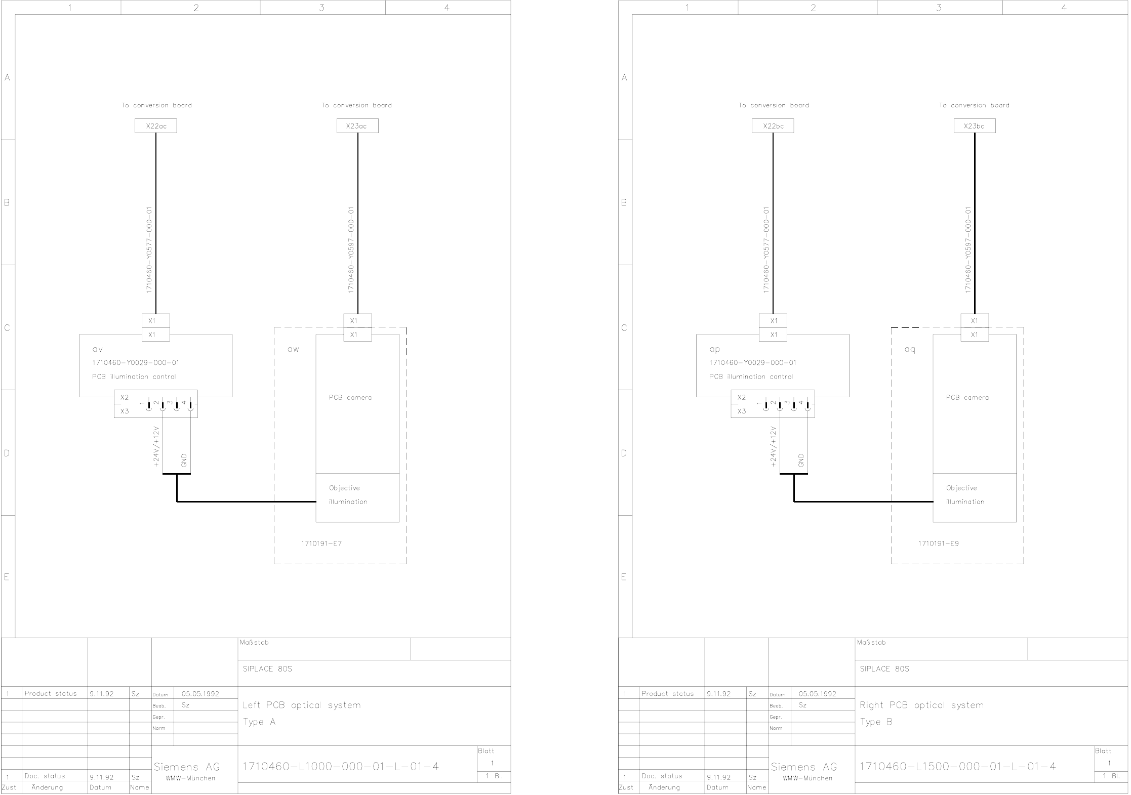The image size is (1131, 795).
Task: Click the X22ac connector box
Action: [x=156, y=126]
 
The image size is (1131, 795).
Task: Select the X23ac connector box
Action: [x=357, y=126]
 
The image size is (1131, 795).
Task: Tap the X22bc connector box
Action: [x=773, y=126]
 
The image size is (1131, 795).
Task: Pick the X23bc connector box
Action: [x=974, y=126]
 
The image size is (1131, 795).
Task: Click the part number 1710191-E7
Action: [x=321, y=543]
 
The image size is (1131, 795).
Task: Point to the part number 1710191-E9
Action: [x=938, y=543]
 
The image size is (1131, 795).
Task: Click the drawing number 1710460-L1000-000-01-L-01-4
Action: [x=341, y=766]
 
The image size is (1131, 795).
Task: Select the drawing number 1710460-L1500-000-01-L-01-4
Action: [x=958, y=766]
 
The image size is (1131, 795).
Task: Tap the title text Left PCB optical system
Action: [x=302, y=705]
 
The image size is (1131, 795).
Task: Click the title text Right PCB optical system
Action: [x=921, y=705]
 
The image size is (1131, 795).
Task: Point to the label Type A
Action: [x=259, y=722]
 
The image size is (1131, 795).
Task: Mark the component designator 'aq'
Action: [x=910, y=350]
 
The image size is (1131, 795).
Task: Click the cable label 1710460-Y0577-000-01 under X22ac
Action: [x=149, y=249]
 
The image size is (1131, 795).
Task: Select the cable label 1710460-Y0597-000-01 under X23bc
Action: [x=968, y=249]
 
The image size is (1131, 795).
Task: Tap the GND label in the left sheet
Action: [x=184, y=460]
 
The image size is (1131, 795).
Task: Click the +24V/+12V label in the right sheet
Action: [x=773, y=446]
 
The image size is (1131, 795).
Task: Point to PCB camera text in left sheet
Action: [x=350, y=397]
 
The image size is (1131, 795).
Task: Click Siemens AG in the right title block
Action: [x=804, y=767]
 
